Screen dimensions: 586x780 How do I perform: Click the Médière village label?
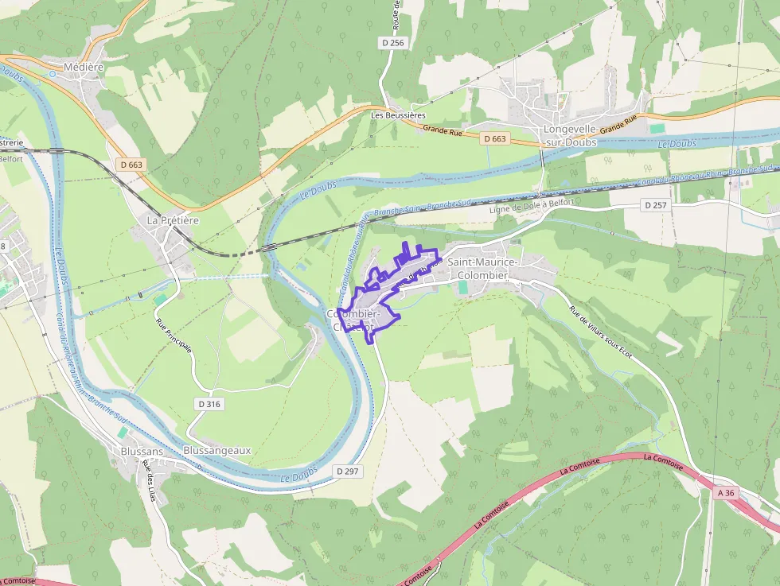coord(84,68)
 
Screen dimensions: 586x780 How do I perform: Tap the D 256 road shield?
coord(393,43)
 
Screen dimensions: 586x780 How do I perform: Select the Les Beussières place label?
coord(398,115)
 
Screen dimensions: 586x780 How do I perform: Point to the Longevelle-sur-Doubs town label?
coord(570,135)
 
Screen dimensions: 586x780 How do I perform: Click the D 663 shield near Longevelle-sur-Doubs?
coord(494,139)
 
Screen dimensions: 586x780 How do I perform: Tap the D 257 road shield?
coord(655,205)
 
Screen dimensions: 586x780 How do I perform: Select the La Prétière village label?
coord(173,219)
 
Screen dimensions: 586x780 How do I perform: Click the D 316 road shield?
coord(209,404)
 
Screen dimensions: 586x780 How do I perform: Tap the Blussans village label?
coord(142,451)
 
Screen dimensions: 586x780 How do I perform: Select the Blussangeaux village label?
coord(216,450)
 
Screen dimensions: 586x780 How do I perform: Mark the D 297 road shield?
coord(348,472)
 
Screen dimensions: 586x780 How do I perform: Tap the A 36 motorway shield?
coord(725,493)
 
